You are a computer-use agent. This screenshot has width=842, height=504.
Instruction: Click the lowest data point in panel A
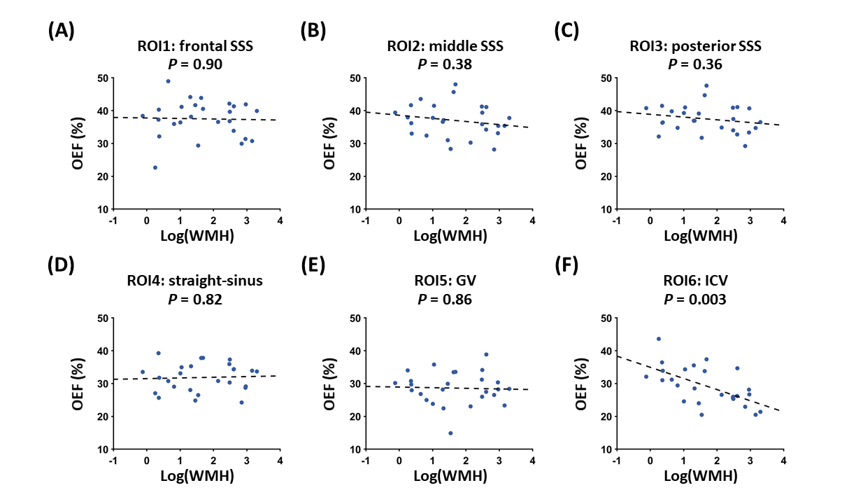155,168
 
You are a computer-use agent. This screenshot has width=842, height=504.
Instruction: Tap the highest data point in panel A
169,81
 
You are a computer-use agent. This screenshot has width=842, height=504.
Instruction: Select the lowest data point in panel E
450,433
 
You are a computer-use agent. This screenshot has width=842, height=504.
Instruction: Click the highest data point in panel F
658,339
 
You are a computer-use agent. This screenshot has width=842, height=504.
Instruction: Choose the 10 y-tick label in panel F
604,449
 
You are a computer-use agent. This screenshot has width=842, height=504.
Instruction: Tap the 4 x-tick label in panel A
280,221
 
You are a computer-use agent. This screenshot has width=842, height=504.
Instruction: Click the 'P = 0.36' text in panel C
697,64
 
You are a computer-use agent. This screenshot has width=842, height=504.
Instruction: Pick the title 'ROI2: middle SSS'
445,48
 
